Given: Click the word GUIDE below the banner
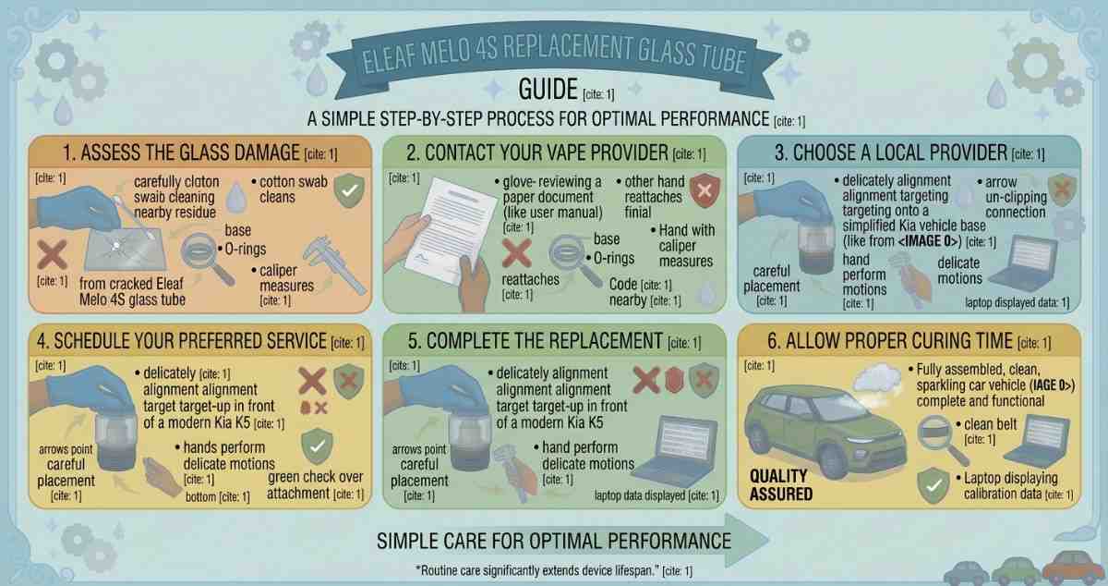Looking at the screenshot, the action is [548, 90].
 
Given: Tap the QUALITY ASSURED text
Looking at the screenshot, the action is [780, 485].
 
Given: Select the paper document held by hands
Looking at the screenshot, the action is [452, 230].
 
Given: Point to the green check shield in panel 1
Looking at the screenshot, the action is [349, 190].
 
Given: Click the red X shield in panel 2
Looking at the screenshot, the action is [705, 190].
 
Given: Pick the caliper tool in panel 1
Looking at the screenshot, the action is [334, 265].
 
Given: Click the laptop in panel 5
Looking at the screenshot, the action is [675, 451].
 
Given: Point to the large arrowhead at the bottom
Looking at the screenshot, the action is [747, 540].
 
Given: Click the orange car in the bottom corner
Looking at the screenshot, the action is [1072, 568].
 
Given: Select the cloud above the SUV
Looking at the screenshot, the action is [878, 378].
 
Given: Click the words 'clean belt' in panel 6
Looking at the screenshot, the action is [990, 424].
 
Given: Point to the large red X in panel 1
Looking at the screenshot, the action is [52, 254].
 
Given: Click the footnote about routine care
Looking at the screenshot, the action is [554, 570].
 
